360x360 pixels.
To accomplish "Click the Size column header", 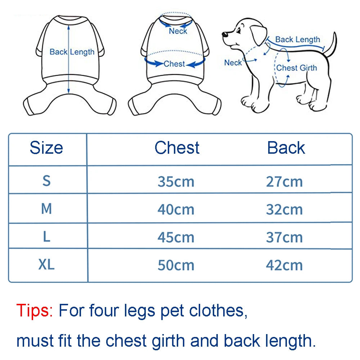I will tap(46, 148).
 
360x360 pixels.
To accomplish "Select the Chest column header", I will tap(177, 148).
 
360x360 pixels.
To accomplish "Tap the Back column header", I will tap(286, 148).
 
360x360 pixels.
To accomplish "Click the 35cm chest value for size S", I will tap(176, 182).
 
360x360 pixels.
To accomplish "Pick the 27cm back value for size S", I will tap(284, 182).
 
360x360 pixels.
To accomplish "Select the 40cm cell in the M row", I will tap(176, 210).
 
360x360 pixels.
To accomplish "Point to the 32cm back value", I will tap(284, 210).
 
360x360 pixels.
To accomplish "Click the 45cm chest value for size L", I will tap(176, 237).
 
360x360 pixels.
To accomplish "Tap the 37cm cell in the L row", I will tap(284, 237).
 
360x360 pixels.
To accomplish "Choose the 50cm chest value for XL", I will tap(176, 265).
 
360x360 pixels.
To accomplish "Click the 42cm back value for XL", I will tap(284, 265).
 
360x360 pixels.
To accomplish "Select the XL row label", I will tap(46, 265).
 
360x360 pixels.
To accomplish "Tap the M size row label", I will tap(46, 209).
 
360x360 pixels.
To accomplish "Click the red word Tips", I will tap(35, 310).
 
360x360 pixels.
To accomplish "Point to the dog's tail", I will tap(332, 45).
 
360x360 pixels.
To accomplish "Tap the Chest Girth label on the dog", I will tap(297, 68).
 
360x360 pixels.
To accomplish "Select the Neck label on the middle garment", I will tap(178, 31).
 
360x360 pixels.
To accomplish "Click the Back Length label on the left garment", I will tap(72, 52).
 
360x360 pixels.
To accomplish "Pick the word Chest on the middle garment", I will tap(174, 64).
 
